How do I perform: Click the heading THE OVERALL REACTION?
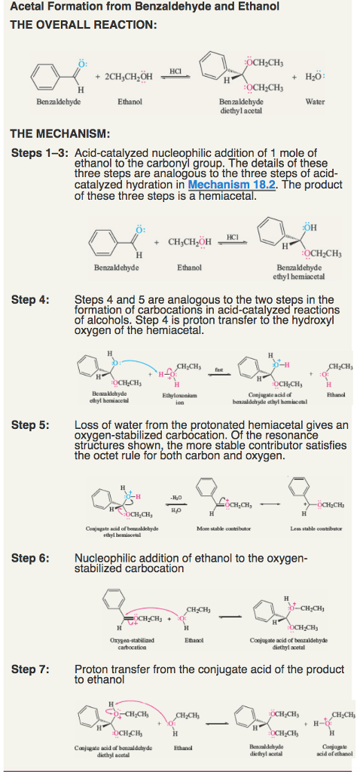(x=83, y=25)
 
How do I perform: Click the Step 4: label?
(x=30, y=299)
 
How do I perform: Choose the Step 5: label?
(x=30, y=424)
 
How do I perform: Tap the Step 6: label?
(x=30, y=559)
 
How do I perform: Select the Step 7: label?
(x=30, y=669)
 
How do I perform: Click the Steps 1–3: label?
(x=40, y=153)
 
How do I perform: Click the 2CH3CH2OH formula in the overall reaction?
(x=124, y=79)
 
